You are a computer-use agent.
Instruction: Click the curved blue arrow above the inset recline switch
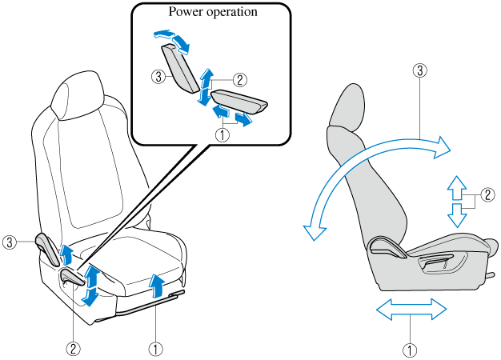(x=172, y=39)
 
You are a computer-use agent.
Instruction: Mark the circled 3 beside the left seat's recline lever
(x=9, y=240)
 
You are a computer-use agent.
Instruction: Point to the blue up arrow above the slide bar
(x=156, y=283)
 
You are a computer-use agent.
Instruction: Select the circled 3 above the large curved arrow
(x=417, y=71)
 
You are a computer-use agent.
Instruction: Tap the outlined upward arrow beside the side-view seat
(x=455, y=186)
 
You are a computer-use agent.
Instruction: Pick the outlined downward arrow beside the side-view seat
(x=455, y=214)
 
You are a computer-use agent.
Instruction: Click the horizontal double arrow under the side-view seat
(x=411, y=309)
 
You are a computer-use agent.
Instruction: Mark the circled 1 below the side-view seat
(x=411, y=349)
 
